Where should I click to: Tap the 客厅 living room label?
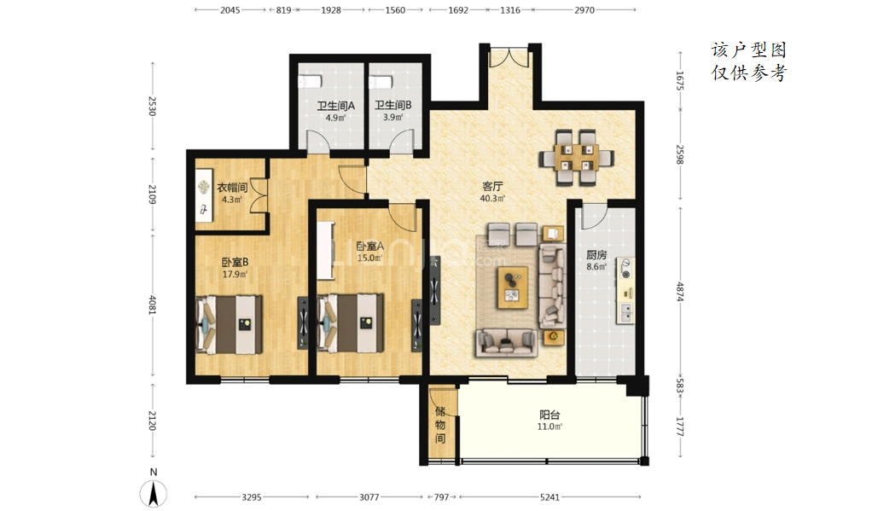[492, 186]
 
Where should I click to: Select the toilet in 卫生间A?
[310, 82]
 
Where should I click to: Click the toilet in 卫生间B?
[381, 82]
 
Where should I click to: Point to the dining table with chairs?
[576, 157]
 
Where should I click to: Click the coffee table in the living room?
[512, 287]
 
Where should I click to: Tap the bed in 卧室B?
[229, 325]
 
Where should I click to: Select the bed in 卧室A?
[350, 323]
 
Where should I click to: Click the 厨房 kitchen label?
[596, 255]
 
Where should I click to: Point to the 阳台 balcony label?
[549, 415]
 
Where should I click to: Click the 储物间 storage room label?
[440, 425]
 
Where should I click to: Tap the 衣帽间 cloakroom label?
[232, 188]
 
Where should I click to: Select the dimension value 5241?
[549, 497]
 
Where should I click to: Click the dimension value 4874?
[680, 292]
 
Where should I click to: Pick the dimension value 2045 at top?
[230, 10]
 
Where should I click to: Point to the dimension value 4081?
[152, 305]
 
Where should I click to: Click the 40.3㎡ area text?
[492, 198]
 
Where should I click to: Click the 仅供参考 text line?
[749, 73]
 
